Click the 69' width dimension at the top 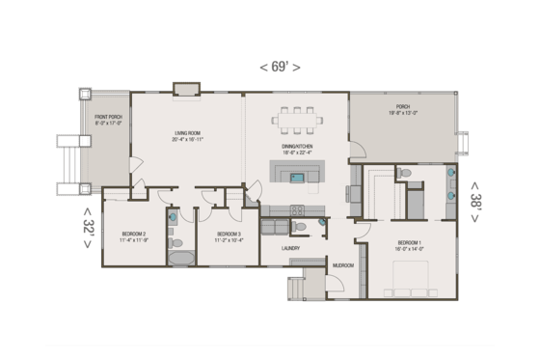[280, 67]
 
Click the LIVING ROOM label [188, 136]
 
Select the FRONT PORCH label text [107, 120]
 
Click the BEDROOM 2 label [134, 235]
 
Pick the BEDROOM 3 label [229, 235]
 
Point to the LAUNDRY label [291, 248]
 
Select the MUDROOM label [342, 264]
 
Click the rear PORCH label [402, 109]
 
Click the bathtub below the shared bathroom [179, 258]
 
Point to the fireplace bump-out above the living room [185, 90]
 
